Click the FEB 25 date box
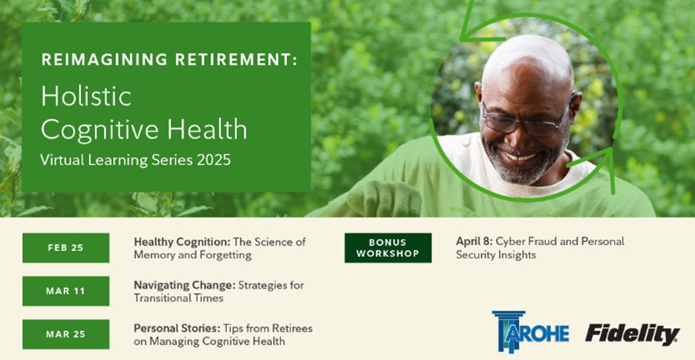[x=65, y=248]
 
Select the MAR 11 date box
[x=65, y=291]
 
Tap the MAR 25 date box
[x=65, y=334]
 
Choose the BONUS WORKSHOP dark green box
[x=388, y=248]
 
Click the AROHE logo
[x=530, y=332]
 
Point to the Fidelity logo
[x=633, y=334]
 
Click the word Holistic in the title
[x=86, y=96]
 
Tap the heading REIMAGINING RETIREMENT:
[x=169, y=59]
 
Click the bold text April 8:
[x=474, y=242]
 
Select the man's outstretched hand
[x=384, y=199]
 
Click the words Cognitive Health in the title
[x=144, y=129]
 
